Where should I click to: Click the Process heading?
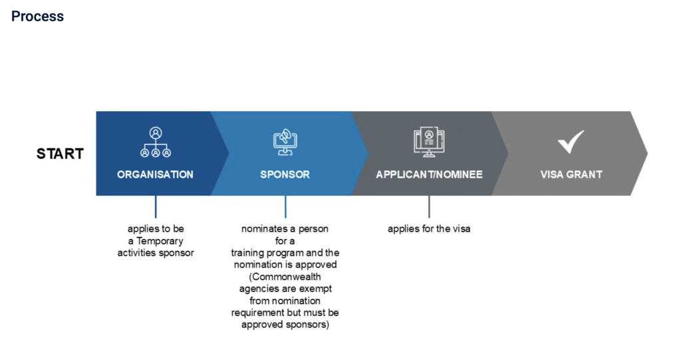tap(38, 17)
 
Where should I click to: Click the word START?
tap(60, 154)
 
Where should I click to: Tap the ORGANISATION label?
tap(155, 174)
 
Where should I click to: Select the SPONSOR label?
tap(285, 174)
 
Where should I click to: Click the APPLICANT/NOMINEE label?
tap(429, 174)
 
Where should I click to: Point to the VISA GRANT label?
tap(571, 174)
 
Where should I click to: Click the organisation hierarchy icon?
tap(156, 142)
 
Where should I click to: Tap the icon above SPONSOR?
tap(285, 142)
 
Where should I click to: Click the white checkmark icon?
tap(571, 141)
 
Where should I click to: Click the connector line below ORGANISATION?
tap(156, 206)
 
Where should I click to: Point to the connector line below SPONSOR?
tap(285, 206)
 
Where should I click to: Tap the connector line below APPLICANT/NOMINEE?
tap(429, 206)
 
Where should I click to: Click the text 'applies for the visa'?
tap(429, 229)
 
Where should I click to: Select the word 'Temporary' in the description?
tap(160, 241)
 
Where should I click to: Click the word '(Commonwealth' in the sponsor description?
tap(285, 277)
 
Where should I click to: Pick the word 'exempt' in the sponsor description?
tap(316, 289)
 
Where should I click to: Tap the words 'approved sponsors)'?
tap(285, 325)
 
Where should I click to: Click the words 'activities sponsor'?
tap(156, 253)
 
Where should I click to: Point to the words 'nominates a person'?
tap(285, 229)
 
